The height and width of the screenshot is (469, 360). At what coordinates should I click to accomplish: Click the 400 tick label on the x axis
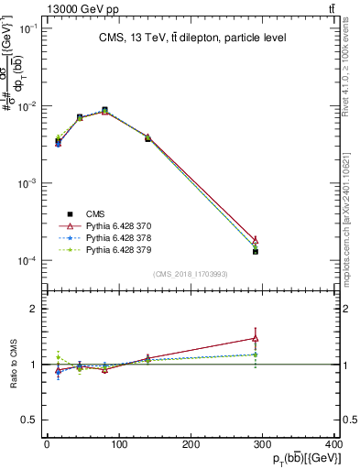tap(335, 445)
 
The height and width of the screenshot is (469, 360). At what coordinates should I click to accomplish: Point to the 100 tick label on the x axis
tap(118, 445)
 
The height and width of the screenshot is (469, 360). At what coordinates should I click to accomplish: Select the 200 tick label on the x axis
tap(191, 445)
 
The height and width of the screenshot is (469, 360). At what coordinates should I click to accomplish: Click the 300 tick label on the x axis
tap(263, 445)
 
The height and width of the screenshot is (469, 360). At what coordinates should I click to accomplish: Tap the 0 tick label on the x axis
tap(47, 445)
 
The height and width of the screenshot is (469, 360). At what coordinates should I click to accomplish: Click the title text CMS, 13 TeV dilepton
tap(192, 38)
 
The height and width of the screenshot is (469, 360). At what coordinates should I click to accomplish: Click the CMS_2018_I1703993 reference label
tap(191, 273)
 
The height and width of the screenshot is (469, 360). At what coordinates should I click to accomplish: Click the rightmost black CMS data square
tap(256, 251)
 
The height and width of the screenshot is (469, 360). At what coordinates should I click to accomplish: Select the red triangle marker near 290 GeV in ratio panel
tap(256, 338)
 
